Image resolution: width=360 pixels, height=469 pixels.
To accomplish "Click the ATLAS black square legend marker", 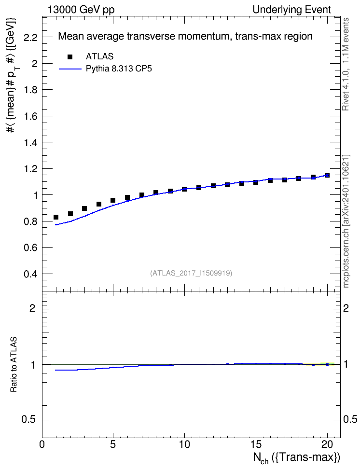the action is [x=70, y=57].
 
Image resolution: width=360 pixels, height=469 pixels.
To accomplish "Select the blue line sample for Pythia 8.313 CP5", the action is [x=70, y=69].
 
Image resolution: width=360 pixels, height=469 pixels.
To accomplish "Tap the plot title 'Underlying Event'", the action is [x=292, y=10].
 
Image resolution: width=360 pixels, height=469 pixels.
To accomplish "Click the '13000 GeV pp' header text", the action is [x=81, y=10].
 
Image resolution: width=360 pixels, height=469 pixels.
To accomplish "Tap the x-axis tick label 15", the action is [x=256, y=444].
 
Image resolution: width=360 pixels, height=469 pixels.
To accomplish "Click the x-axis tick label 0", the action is [x=42, y=444].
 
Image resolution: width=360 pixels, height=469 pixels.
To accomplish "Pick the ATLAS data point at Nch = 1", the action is [x=56, y=217].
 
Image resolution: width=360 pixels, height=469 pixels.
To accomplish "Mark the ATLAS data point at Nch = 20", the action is [x=327, y=175].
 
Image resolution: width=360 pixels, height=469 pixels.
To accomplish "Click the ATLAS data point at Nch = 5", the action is [x=113, y=200].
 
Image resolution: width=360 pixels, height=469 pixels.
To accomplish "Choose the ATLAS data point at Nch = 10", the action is [x=184, y=189].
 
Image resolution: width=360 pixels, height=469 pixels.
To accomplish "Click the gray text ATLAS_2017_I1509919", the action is [x=191, y=273].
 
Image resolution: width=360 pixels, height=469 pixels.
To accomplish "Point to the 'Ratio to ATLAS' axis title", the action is [x=14, y=364].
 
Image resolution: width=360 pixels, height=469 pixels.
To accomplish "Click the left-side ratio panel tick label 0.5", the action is [x=29, y=420].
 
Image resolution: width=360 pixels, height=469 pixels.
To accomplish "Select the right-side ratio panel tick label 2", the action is [x=346, y=308].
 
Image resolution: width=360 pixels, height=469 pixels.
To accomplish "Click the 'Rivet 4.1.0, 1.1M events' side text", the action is [x=346, y=64].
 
